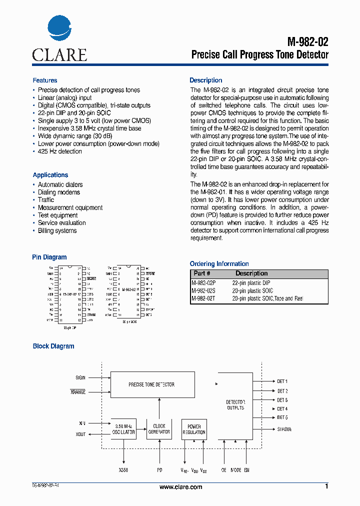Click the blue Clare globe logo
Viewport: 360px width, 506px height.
click(59, 30)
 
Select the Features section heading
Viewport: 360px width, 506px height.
click(45, 80)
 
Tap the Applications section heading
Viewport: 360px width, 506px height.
click(50, 175)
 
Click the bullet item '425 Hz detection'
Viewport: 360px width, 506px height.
click(60, 151)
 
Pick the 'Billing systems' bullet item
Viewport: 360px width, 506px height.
click(57, 231)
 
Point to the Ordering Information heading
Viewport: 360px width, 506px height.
click(219, 264)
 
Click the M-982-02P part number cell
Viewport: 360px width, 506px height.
click(203, 283)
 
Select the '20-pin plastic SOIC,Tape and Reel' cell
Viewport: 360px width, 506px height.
click(267, 298)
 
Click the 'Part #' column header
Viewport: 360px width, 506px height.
click(202, 273)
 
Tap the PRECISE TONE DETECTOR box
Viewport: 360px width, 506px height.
click(151, 384)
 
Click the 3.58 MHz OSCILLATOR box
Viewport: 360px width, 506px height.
click(123, 429)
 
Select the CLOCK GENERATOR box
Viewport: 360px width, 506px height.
click(159, 429)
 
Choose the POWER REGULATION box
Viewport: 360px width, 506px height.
click(194, 429)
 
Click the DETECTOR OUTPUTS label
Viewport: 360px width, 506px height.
click(235, 405)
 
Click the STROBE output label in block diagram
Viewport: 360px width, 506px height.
click(284, 429)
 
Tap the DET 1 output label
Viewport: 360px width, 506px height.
click(282, 381)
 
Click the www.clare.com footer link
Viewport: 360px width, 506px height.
click(180, 487)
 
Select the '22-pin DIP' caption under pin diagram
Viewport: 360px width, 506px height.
click(70, 328)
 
